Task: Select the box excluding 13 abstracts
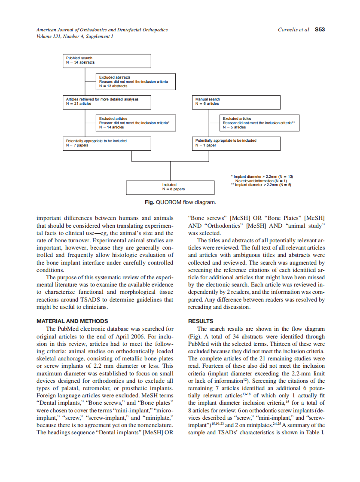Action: point(135,82)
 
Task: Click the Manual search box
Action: point(236,102)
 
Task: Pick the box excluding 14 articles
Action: point(135,123)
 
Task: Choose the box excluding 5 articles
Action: point(259,123)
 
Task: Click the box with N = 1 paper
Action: point(236,143)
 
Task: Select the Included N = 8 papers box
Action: point(170,187)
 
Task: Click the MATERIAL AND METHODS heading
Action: point(72,321)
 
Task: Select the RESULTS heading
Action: point(201,321)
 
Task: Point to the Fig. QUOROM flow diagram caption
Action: point(180,202)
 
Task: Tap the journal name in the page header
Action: point(102,30)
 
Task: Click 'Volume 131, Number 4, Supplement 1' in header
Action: point(75,36)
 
